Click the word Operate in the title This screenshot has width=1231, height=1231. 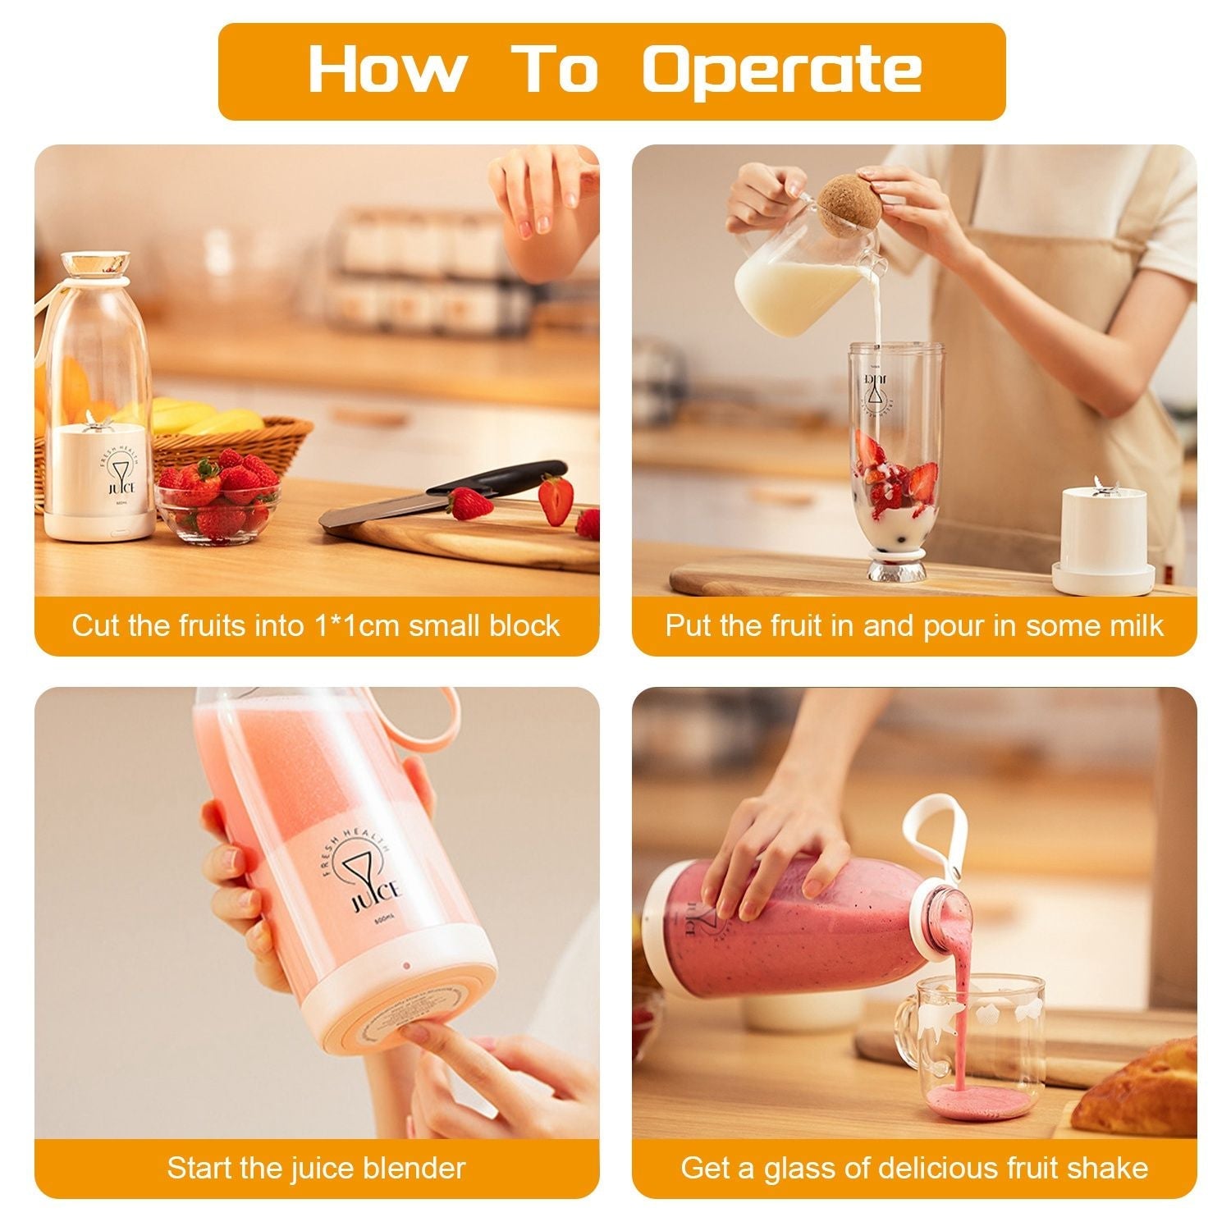click(781, 71)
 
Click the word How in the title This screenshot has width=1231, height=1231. click(386, 70)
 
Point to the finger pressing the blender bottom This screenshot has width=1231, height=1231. click(427, 1036)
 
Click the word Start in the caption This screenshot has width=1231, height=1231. click(199, 1167)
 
